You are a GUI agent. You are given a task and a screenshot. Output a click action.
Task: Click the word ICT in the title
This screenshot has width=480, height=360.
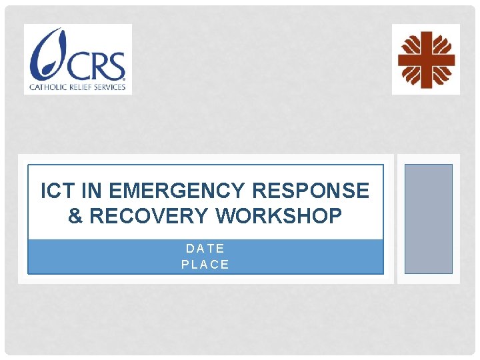click(x=56, y=191)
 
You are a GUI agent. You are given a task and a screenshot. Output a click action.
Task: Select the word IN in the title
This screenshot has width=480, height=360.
click(x=90, y=191)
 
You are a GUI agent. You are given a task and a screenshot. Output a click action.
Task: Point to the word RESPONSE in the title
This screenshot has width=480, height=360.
click(x=311, y=191)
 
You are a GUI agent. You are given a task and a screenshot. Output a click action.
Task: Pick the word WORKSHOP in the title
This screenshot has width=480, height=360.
click(x=280, y=216)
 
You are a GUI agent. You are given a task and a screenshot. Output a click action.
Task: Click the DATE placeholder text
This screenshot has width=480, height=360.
click(x=205, y=249)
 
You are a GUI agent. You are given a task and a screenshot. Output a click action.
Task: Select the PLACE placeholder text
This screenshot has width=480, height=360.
click(x=205, y=265)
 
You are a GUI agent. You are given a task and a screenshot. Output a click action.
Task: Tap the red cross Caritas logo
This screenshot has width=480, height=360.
click(x=426, y=59)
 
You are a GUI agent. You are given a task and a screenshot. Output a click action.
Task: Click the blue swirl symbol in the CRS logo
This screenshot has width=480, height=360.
click(x=45, y=55)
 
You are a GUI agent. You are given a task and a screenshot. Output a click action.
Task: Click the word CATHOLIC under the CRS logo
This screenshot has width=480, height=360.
click(x=49, y=87)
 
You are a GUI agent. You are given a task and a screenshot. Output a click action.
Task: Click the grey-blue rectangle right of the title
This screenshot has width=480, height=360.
click(x=429, y=219)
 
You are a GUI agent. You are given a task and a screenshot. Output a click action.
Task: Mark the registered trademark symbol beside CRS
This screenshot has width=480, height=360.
click(x=124, y=76)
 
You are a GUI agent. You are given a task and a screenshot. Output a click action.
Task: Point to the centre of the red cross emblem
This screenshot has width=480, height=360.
click(x=426, y=59)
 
